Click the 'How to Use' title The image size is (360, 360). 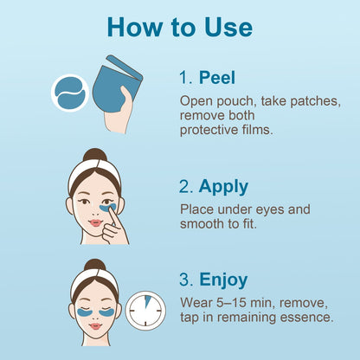[180, 26]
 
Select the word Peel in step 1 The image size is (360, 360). [217, 78]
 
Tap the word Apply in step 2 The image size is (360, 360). [223, 186]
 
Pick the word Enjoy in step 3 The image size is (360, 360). [223, 280]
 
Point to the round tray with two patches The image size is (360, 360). [68, 92]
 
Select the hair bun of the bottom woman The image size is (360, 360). [94, 266]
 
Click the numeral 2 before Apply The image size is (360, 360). [185, 186]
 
